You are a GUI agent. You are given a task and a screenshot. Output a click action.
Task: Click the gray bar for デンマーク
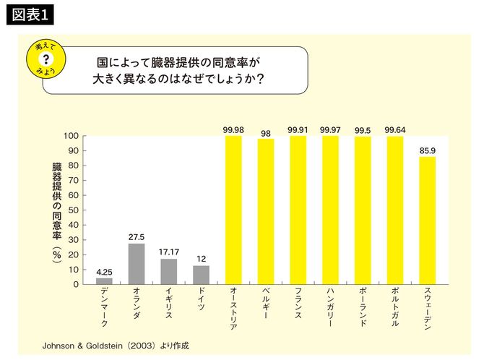(x=104, y=280)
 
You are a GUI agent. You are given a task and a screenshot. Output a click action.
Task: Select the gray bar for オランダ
(x=136, y=264)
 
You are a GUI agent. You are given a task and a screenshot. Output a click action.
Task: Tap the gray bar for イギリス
(x=168, y=271)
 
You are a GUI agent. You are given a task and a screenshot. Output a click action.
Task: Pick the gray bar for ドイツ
(x=201, y=275)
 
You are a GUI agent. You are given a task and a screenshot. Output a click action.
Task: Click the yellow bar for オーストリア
(x=233, y=210)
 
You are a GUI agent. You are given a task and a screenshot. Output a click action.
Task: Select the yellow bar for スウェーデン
(x=427, y=220)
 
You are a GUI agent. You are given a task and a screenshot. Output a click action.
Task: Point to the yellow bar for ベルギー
(x=266, y=211)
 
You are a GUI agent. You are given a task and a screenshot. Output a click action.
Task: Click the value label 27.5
(x=136, y=236)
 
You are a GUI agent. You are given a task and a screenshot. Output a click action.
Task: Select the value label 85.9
(x=427, y=150)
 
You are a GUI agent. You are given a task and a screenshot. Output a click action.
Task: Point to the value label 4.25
(x=104, y=271)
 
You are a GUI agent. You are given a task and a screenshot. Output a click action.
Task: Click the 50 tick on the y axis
(x=72, y=210)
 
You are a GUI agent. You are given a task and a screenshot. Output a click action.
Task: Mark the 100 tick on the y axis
(x=70, y=136)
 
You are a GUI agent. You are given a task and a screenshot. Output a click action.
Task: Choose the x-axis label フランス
(x=298, y=303)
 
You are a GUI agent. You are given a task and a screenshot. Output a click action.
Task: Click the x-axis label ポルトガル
(x=394, y=307)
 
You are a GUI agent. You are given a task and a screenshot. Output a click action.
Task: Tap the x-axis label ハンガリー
(x=330, y=307)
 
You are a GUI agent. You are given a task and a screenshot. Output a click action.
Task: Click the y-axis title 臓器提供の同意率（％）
(x=56, y=210)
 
